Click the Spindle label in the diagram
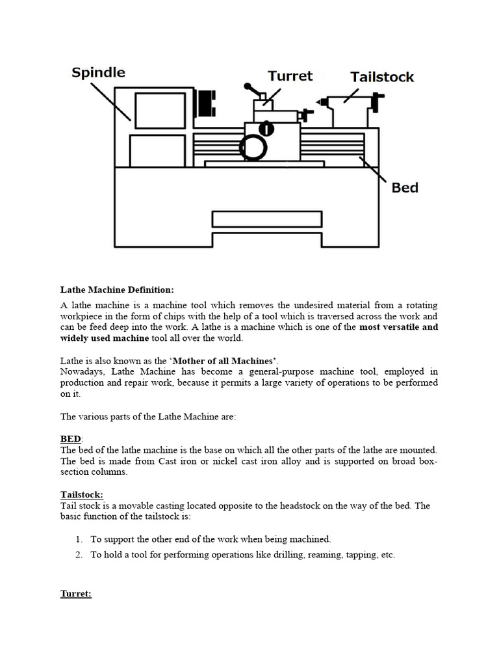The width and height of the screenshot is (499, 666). (x=98, y=72)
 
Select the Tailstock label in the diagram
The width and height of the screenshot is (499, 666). (x=382, y=77)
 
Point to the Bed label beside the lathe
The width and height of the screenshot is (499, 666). (x=404, y=188)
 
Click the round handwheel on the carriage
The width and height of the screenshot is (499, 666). (x=253, y=148)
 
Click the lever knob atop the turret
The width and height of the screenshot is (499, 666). (x=248, y=87)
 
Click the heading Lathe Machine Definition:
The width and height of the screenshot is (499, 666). (x=117, y=289)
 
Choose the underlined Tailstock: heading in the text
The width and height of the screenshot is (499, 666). (x=82, y=495)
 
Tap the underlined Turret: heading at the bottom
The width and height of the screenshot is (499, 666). (x=75, y=594)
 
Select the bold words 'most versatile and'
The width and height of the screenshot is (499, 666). (x=398, y=327)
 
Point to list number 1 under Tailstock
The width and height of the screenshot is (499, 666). (x=78, y=539)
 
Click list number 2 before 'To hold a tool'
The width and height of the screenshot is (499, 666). (x=78, y=555)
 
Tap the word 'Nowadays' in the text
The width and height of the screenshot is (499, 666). (x=83, y=371)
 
